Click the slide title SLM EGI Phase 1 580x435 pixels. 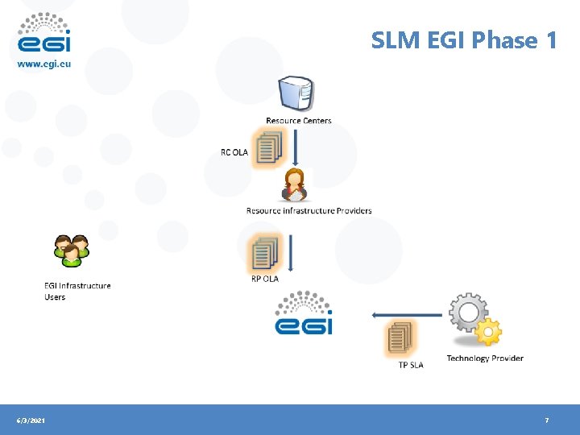[464, 39]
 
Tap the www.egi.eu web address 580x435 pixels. [44, 64]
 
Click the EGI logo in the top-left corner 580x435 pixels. [44, 34]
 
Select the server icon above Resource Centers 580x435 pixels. [296, 93]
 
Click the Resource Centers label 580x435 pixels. [299, 121]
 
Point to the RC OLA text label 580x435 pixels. [234, 152]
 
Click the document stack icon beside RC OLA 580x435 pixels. [267, 149]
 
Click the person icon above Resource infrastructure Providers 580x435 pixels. [296, 185]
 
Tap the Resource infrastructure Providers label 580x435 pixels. [309, 211]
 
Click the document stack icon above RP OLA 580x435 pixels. [264, 253]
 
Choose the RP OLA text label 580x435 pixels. [265, 279]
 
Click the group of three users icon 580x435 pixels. [71, 250]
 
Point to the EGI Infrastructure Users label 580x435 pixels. [77, 291]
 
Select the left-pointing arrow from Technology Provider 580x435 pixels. [407, 316]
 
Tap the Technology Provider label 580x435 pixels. [485, 358]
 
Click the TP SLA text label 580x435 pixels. [411, 365]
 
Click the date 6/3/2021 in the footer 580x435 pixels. [31, 420]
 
